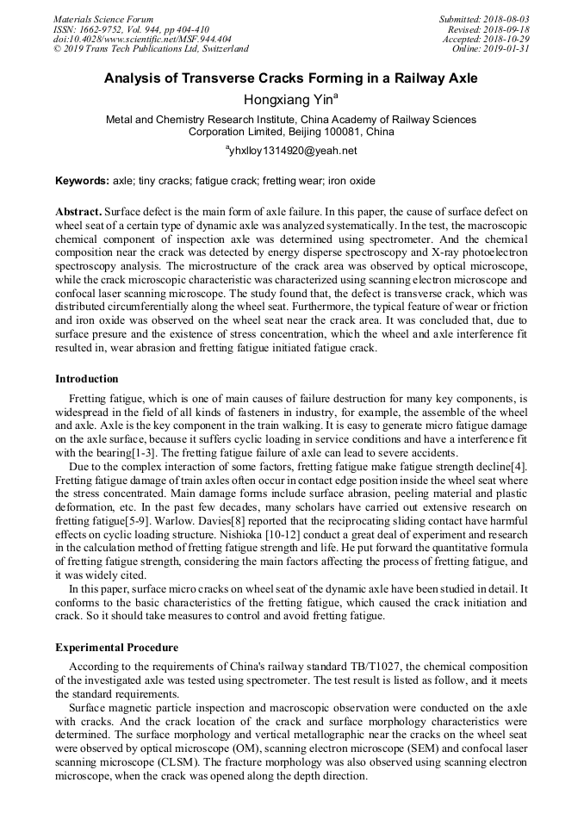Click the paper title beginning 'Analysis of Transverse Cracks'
[x=291, y=78]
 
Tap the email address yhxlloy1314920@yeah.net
[x=291, y=151]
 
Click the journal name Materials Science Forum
[x=103, y=19]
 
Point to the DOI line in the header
[x=141, y=39]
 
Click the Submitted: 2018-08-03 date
[x=484, y=19]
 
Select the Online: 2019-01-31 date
[x=492, y=49]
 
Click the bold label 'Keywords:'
[x=82, y=182]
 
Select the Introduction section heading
[x=87, y=379]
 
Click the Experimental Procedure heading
[x=116, y=648]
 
